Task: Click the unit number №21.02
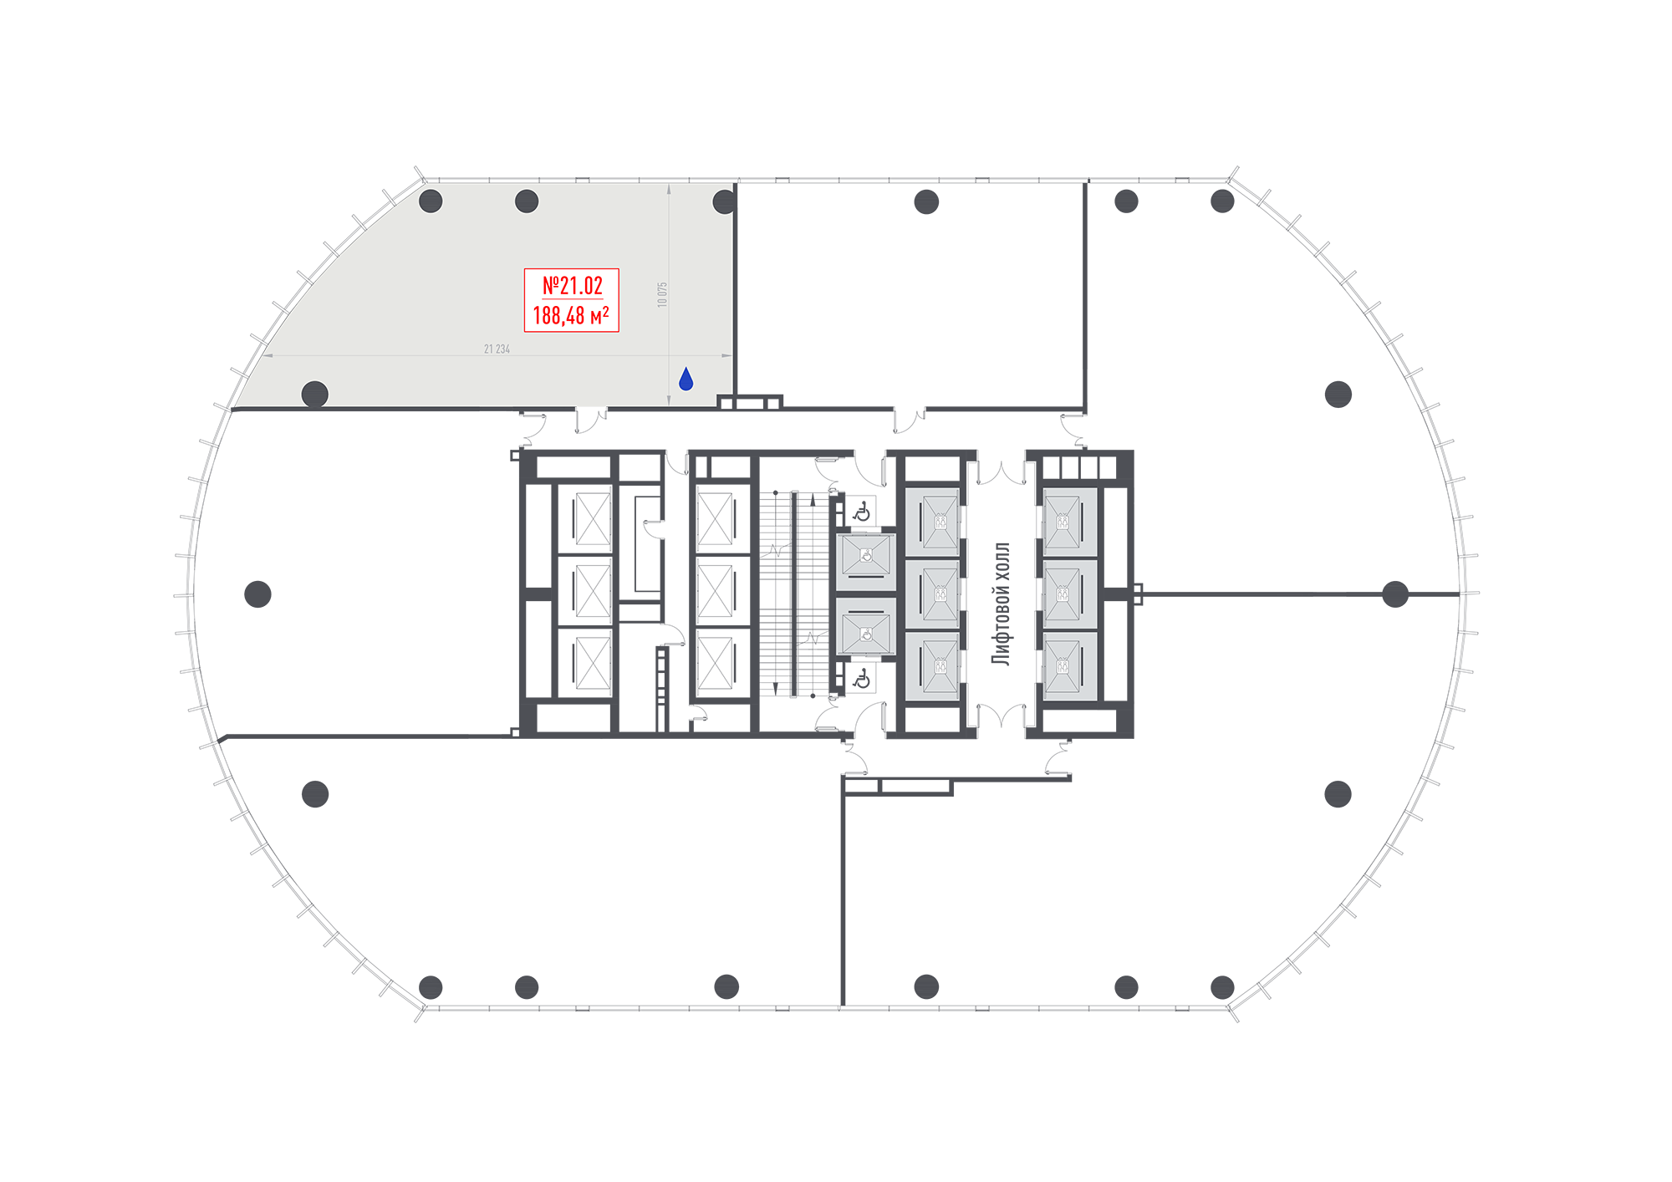573,286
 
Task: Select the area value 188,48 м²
571,316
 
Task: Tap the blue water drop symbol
686,379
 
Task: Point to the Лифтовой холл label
1001,604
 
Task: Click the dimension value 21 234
497,349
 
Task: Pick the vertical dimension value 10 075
662,294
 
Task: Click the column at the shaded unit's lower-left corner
314,394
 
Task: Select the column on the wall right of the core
1395,594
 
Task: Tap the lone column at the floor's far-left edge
257,594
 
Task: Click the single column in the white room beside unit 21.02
926,201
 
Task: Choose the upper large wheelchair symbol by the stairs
862,511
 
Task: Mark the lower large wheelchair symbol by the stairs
862,679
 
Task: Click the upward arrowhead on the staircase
813,500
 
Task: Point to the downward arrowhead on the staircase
776,689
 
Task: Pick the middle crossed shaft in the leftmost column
593,591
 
